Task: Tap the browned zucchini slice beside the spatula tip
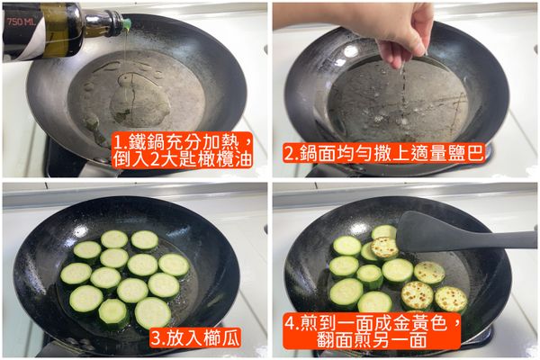click(x=385, y=247)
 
